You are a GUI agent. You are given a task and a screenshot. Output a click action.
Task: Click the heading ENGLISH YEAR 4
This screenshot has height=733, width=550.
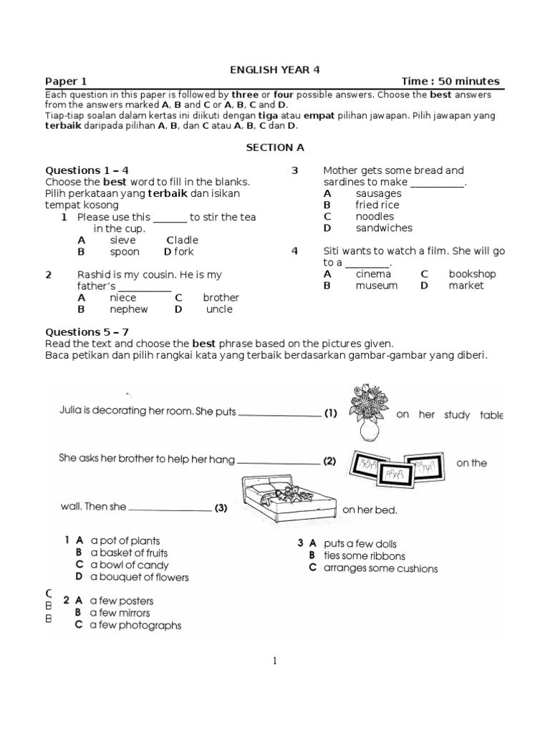click(275, 69)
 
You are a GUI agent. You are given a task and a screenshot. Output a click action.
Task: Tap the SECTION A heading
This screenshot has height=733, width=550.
click(275, 147)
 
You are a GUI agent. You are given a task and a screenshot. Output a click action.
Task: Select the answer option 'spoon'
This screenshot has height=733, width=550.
click(125, 252)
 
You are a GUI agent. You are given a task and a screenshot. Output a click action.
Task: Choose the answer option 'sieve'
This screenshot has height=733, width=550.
click(122, 241)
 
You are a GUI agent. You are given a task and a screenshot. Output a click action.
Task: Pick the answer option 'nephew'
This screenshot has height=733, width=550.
click(128, 309)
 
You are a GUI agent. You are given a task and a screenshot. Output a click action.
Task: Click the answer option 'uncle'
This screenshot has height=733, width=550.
click(219, 309)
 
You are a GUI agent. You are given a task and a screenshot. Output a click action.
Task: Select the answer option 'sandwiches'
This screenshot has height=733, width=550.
click(384, 228)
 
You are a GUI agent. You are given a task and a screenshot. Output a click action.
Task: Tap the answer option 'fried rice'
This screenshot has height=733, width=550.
click(377, 205)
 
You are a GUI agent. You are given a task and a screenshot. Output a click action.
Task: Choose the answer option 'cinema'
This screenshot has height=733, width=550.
click(373, 274)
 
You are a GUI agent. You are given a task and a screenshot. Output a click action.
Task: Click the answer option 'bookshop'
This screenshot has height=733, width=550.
click(472, 274)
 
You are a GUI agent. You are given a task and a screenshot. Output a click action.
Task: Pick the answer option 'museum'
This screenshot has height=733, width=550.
click(376, 286)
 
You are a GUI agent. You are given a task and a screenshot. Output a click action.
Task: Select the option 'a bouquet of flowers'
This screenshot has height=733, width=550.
click(140, 577)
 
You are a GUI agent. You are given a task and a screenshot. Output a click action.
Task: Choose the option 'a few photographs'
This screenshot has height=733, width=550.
click(135, 626)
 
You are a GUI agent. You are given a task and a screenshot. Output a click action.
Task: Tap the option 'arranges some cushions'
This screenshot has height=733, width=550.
click(380, 568)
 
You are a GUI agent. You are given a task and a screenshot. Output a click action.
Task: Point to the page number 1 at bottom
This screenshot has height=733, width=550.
click(274, 661)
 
